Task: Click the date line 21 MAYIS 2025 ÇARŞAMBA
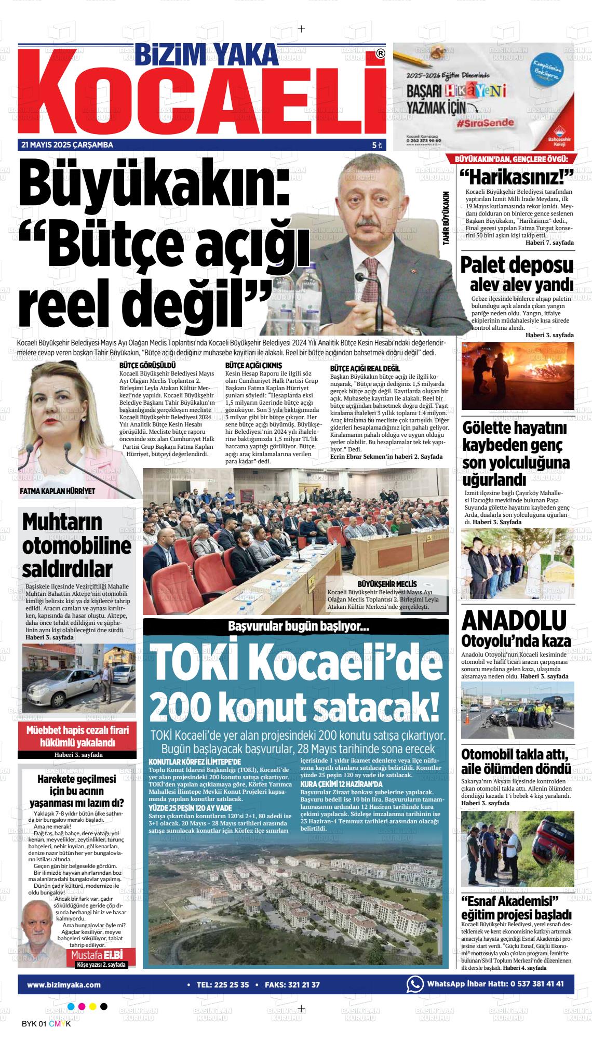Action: pos(67,145)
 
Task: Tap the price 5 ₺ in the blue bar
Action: pos(377,146)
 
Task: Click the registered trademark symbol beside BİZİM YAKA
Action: pos(380,54)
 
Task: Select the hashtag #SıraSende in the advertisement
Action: pos(486,123)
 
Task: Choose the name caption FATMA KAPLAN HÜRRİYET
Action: pos(58,491)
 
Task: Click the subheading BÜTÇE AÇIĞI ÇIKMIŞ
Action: pos(253,366)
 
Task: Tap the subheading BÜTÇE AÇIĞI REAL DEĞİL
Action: pos(365,368)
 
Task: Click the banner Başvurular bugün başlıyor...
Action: pos(298,627)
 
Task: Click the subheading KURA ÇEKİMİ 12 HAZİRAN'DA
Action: pos(341,784)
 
